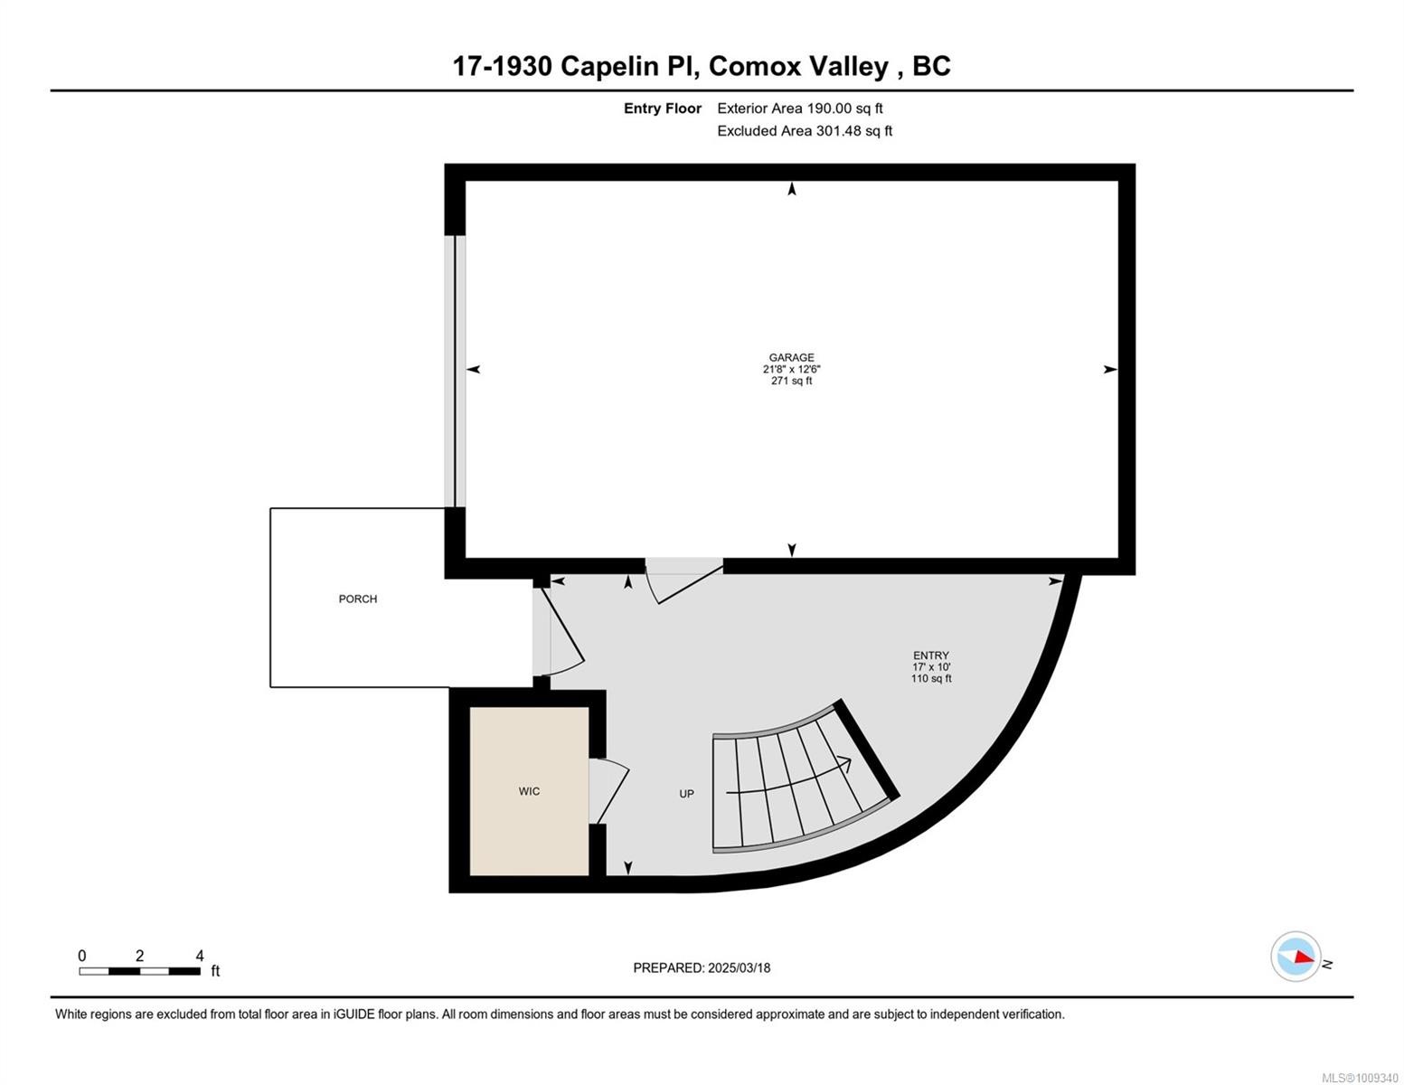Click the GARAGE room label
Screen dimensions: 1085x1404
point(791,358)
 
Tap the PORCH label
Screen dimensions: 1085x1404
point(358,599)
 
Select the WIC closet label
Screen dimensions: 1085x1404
point(529,791)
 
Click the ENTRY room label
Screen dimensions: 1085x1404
point(930,656)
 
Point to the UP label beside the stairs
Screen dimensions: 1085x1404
point(686,794)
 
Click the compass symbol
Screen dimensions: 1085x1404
point(1296,957)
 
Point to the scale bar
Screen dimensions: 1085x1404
point(139,971)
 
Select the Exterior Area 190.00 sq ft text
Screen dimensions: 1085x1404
point(799,108)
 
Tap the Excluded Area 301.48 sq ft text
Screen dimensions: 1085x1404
point(804,131)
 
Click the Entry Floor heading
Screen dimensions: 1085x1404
point(662,108)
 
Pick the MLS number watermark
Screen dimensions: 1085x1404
point(1360,1078)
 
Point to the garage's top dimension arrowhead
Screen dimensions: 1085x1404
point(792,189)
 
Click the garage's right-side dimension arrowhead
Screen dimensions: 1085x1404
point(1110,369)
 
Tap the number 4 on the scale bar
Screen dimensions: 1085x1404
point(200,956)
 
